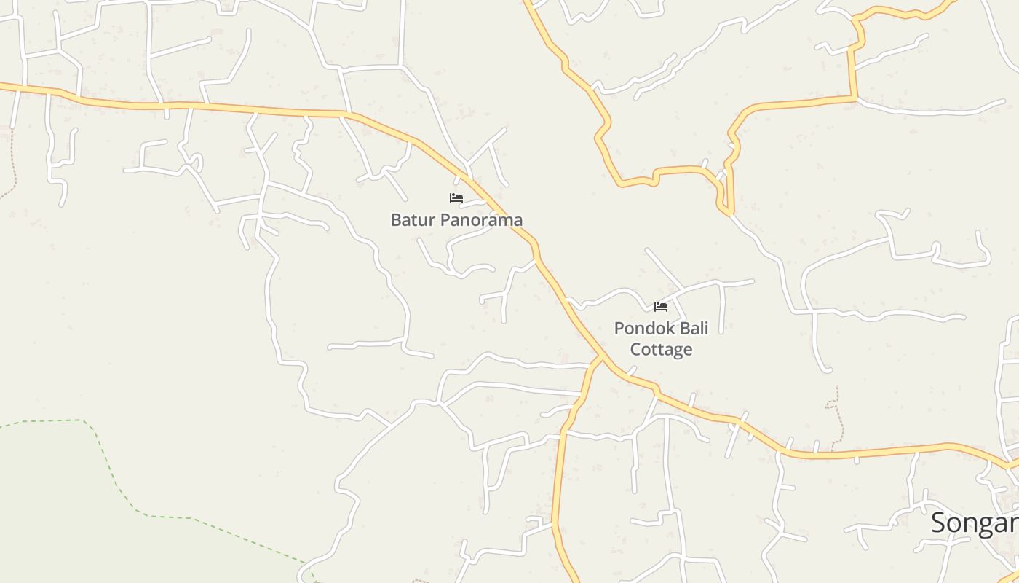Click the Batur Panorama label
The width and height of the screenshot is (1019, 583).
point(456,219)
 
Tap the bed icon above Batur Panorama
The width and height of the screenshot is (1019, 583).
point(456,197)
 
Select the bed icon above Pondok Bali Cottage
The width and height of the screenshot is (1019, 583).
point(661,307)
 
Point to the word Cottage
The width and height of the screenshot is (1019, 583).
point(661,350)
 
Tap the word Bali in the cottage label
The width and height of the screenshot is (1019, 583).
point(690,328)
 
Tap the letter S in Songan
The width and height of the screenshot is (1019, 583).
point(940,523)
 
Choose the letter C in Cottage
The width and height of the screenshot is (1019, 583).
point(635,350)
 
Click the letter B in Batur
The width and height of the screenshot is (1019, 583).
point(396,219)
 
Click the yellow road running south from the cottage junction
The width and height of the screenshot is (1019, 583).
point(558,474)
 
